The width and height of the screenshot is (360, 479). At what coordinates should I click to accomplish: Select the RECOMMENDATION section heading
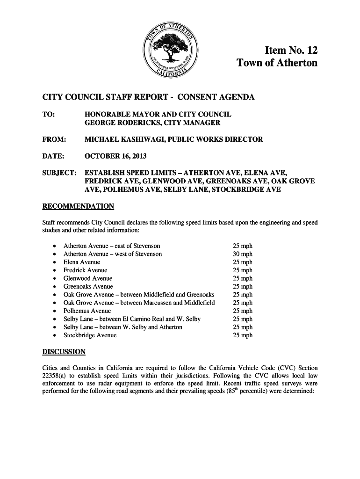tap(78, 206)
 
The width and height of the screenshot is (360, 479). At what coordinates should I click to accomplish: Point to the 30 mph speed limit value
tap(243, 254)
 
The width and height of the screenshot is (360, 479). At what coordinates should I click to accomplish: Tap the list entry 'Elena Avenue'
tap(82, 262)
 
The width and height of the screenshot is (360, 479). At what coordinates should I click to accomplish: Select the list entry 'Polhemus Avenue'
tap(87, 311)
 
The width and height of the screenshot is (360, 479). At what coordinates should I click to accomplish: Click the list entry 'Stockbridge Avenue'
tap(90, 335)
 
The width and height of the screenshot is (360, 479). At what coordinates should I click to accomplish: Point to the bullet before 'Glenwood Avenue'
tap(56, 279)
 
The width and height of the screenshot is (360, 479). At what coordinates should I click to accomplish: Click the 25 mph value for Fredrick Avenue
tap(243, 270)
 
